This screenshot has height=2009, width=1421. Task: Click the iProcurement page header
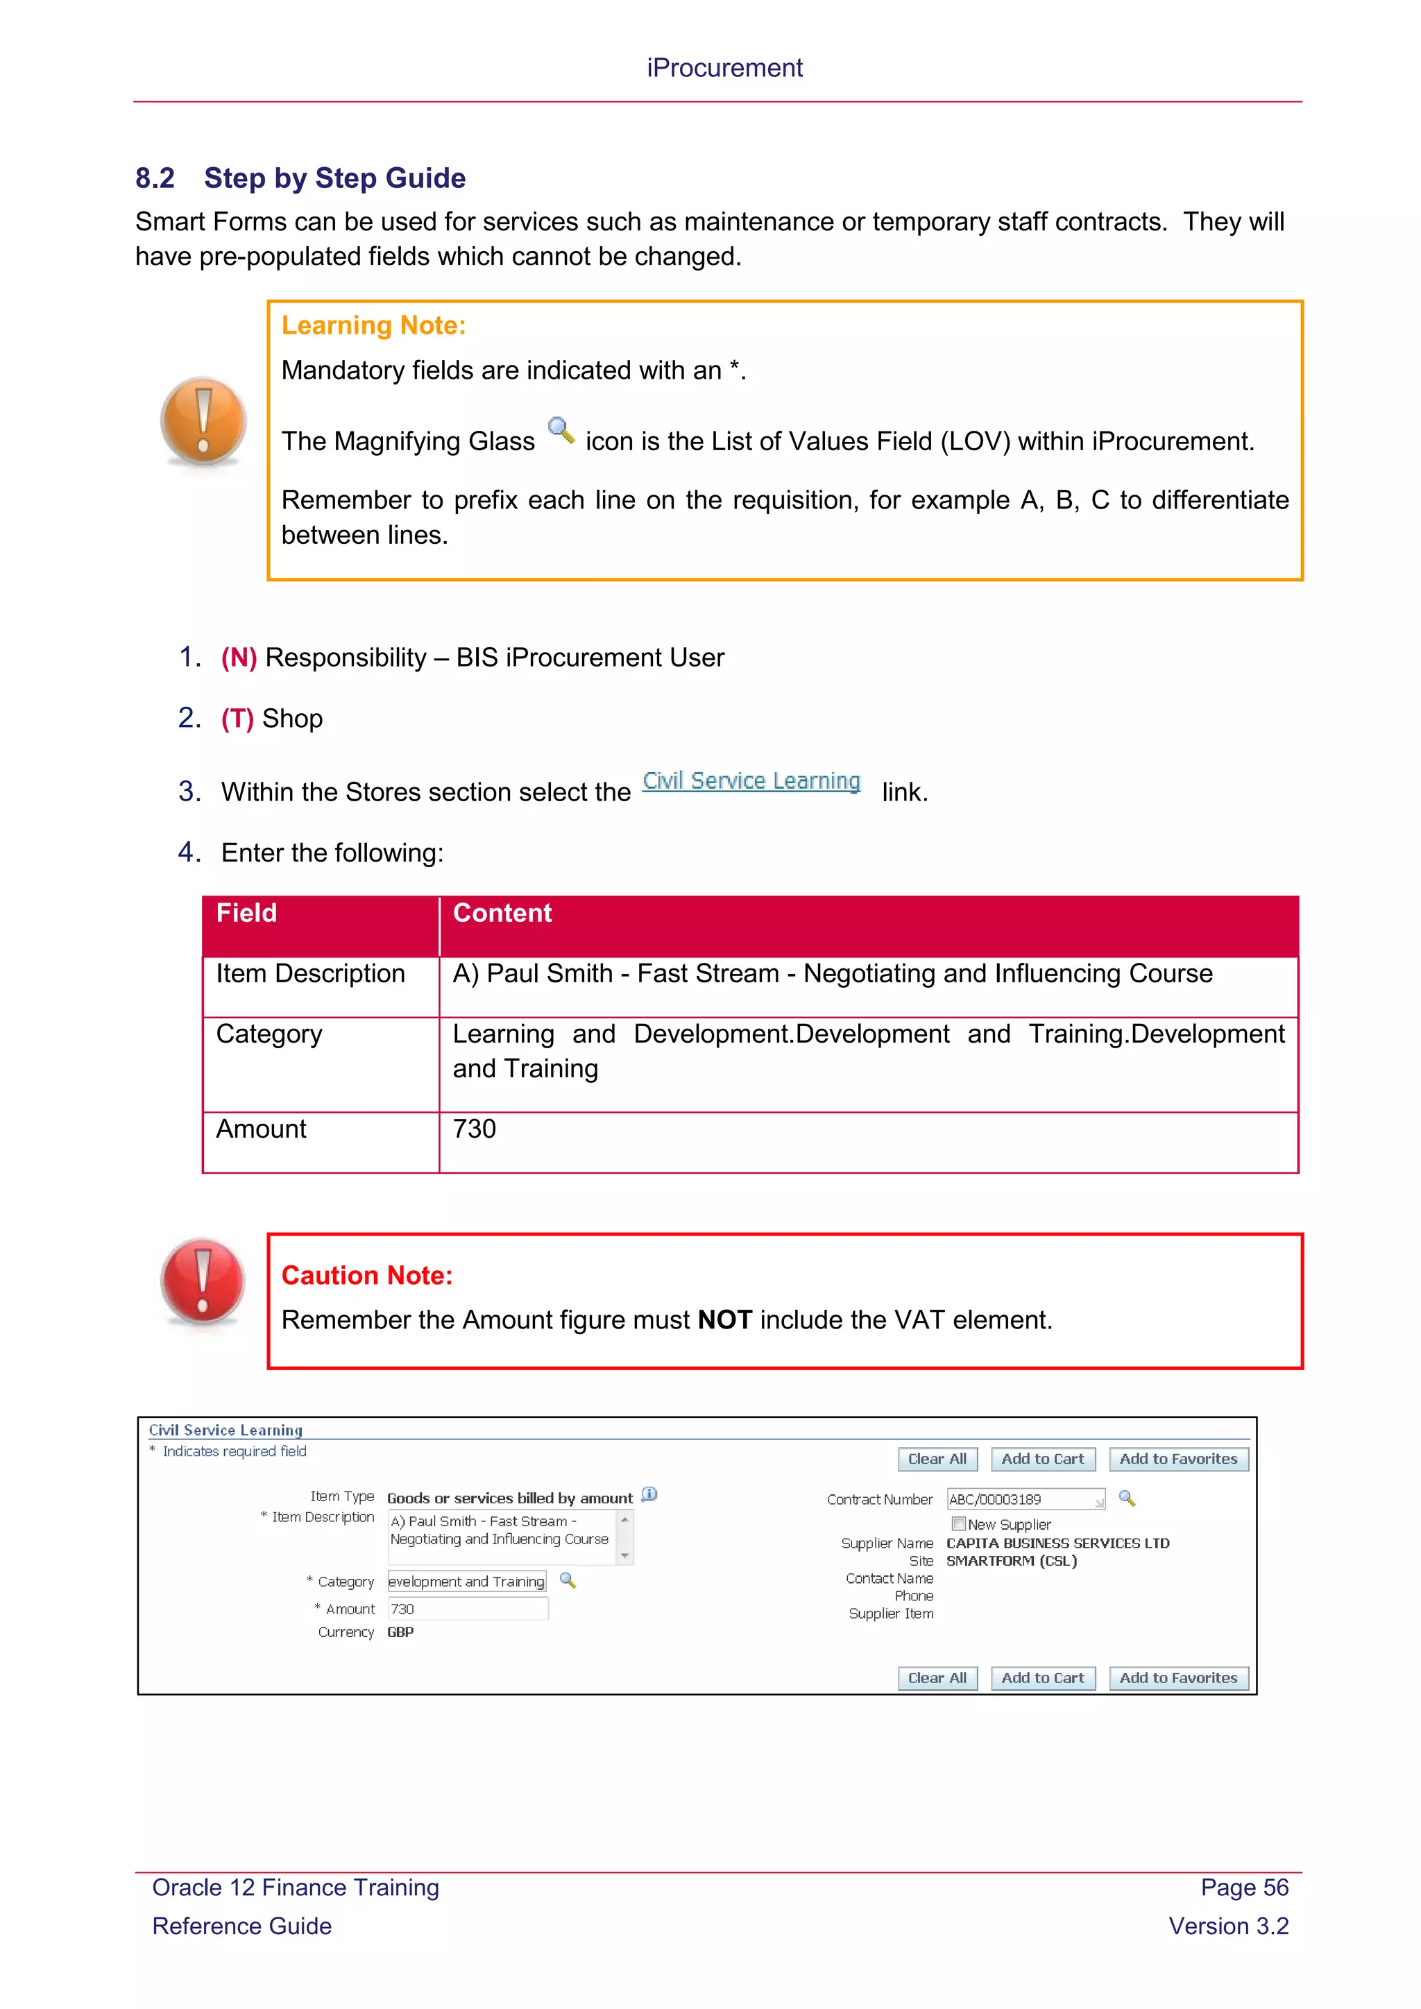coord(724,68)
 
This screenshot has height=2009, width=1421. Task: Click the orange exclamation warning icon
coord(203,421)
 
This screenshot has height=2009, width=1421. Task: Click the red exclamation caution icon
coord(203,1281)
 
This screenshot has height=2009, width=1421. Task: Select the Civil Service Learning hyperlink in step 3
coord(751,780)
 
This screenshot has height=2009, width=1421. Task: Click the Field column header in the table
coord(247,914)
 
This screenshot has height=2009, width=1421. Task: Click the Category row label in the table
coord(269,1034)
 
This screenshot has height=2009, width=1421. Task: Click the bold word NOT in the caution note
coord(724,1319)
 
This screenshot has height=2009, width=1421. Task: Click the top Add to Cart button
coord(1042,1459)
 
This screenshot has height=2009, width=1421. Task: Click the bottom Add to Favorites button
coord(1177,1677)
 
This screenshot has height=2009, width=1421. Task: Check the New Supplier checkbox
coord(958,1523)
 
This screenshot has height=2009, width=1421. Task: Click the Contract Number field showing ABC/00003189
coord(1023,1499)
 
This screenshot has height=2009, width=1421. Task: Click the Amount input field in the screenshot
coord(467,1608)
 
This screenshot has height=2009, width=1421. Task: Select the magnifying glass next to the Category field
coord(568,1580)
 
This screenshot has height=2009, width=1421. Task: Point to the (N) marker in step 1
coord(239,658)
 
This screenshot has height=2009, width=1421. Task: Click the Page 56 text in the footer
coord(1243,1888)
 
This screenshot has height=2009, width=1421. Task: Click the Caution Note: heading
coord(366,1276)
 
